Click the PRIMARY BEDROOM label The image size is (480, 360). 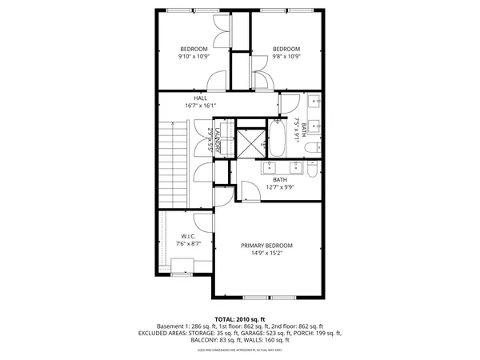pyautogui.click(x=267, y=245)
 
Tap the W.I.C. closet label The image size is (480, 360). pyautogui.click(x=189, y=236)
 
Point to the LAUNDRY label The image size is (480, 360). pyautogui.click(x=217, y=140)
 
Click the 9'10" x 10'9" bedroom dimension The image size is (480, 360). pyautogui.click(x=193, y=57)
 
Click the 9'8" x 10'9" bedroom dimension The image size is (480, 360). pyautogui.click(x=286, y=57)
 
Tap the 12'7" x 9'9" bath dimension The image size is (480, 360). pyautogui.click(x=280, y=187)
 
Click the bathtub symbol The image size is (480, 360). pyautogui.click(x=277, y=138)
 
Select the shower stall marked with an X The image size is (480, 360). pyautogui.click(x=250, y=145)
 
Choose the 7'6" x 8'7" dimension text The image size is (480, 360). pyautogui.click(x=189, y=244)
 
